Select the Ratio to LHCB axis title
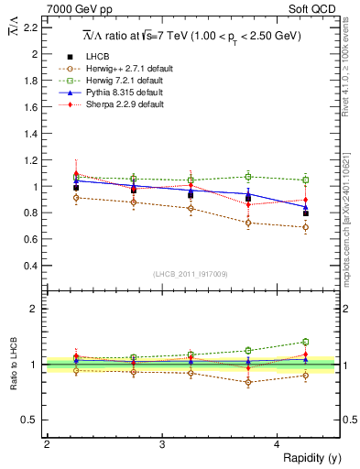12,365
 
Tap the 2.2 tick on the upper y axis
31,27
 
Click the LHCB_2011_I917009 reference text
191,274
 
